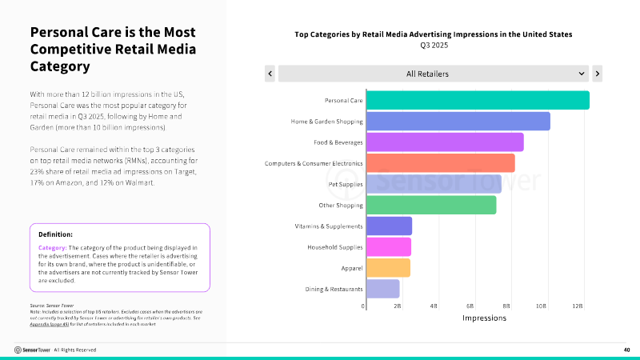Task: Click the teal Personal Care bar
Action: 477,100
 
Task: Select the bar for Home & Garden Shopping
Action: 458,122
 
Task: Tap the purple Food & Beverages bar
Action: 444,142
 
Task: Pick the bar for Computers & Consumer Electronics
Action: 440,163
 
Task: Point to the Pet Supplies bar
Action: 433,184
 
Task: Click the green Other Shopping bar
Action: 430,205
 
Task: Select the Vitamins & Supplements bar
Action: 389,226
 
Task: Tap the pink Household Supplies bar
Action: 388,246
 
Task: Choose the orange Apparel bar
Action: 388,267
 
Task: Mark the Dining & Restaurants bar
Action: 382,289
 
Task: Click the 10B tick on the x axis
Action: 542,306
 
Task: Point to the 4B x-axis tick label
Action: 434,306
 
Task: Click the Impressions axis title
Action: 484,318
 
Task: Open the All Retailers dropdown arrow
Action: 582,74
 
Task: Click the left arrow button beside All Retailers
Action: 270,74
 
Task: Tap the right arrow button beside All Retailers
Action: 597,74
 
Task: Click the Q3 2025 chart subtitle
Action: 433,45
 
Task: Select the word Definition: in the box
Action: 55,234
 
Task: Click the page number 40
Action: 626,350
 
